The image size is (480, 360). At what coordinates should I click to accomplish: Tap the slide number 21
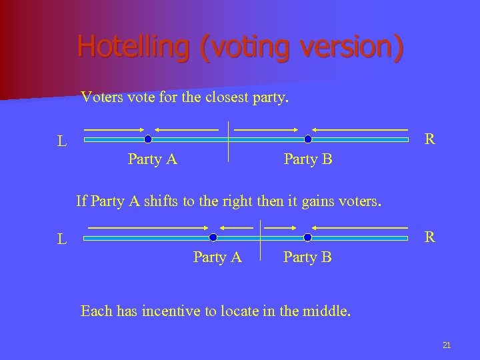coord(447,345)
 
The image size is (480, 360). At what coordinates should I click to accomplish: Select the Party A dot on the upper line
coord(148,139)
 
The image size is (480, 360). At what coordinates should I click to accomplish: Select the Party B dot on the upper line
coord(308,139)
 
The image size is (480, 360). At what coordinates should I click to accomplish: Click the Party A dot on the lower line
coord(213,237)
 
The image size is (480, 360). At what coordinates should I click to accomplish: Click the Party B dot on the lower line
coord(308,237)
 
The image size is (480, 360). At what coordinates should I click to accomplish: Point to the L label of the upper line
coord(61,141)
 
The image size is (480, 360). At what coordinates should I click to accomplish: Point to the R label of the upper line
coord(430,139)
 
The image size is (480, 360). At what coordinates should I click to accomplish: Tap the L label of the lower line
coord(61,239)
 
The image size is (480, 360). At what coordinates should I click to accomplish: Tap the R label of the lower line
coord(430,237)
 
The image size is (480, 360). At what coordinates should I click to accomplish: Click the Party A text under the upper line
coord(152,159)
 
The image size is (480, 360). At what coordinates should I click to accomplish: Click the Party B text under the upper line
coord(308,160)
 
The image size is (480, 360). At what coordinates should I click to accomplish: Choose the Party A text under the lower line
coord(217,257)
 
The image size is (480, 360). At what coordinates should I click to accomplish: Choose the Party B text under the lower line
coord(307,257)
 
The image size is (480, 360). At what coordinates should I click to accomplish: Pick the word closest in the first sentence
coord(221,98)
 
